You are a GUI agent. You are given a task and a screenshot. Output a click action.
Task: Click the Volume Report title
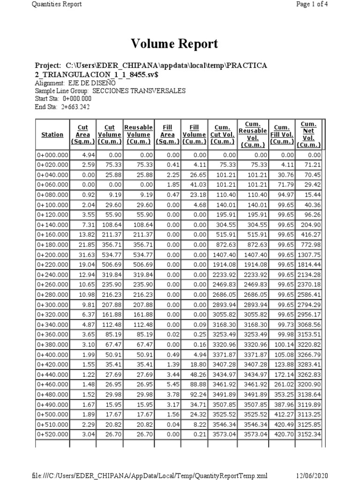pyautogui.click(x=174, y=44)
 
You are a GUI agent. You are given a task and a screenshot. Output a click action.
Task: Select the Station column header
pyautogui.click(x=52, y=135)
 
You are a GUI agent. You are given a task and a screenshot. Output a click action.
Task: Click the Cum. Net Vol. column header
pyautogui.click(x=308, y=135)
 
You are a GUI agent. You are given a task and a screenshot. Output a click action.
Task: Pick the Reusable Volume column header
pyautogui.click(x=138, y=135)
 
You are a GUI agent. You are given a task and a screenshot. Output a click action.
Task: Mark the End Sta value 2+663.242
pyautogui.click(x=76, y=107)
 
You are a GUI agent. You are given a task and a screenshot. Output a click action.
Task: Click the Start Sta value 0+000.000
pyautogui.click(x=77, y=99)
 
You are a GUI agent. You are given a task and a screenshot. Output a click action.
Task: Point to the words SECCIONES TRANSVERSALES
pyautogui.click(x=139, y=91)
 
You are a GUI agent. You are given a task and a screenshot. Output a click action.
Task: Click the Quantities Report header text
pyautogui.click(x=57, y=4)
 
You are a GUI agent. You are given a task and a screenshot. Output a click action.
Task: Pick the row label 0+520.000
pyautogui.click(x=52, y=434)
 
